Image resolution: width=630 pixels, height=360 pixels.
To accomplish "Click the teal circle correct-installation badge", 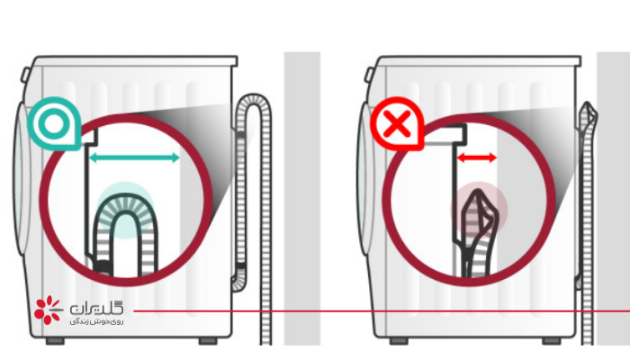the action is click(54, 124).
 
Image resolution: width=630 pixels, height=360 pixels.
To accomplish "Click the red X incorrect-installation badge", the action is click(397, 124).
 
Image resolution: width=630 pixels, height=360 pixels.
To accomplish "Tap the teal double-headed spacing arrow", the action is click(134, 157).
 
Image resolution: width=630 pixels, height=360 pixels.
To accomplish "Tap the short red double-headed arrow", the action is click(477, 157).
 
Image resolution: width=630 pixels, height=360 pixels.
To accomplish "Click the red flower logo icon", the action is click(48, 310).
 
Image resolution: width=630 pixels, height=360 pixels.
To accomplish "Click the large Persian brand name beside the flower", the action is click(96, 309).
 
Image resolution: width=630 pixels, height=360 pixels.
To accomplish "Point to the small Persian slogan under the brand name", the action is click(96, 321).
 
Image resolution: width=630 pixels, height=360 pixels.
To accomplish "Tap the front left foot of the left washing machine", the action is click(55, 341).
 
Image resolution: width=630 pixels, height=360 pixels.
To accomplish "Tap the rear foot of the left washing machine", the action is click(208, 341).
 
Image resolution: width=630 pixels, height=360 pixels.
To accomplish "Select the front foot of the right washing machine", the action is click(399, 341).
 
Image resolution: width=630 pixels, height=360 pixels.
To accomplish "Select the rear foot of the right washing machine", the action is click(551, 341).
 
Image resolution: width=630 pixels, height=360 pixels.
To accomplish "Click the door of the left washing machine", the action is click(22, 179).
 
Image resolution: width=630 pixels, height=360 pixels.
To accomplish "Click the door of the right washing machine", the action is click(365, 179).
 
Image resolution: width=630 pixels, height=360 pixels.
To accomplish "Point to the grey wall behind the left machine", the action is click(302, 199).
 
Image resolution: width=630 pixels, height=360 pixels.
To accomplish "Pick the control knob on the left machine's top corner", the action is click(25, 75).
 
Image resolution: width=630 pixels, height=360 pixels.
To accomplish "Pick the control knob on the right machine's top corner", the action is click(369, 75).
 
